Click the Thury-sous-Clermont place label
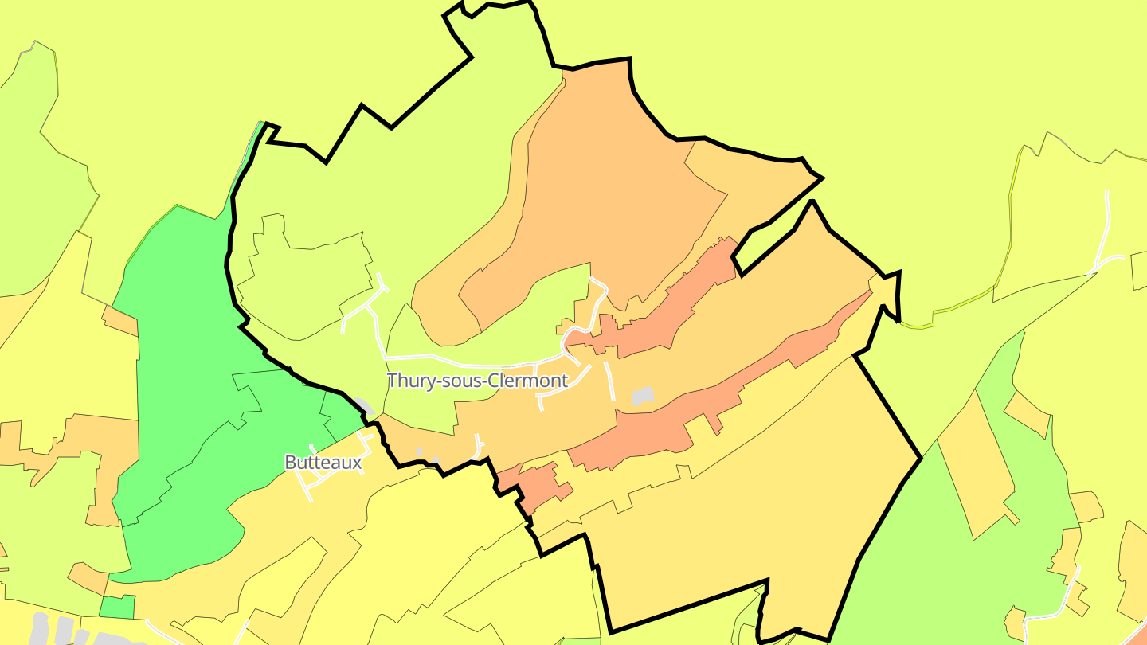pos(477,381)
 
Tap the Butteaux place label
pos(323,462)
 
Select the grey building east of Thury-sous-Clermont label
pos(642,396)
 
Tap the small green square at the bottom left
pos(117,607)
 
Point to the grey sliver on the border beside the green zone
pos(365,406)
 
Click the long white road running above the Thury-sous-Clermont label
pos(470,358)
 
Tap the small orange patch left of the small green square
pos(88,577)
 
